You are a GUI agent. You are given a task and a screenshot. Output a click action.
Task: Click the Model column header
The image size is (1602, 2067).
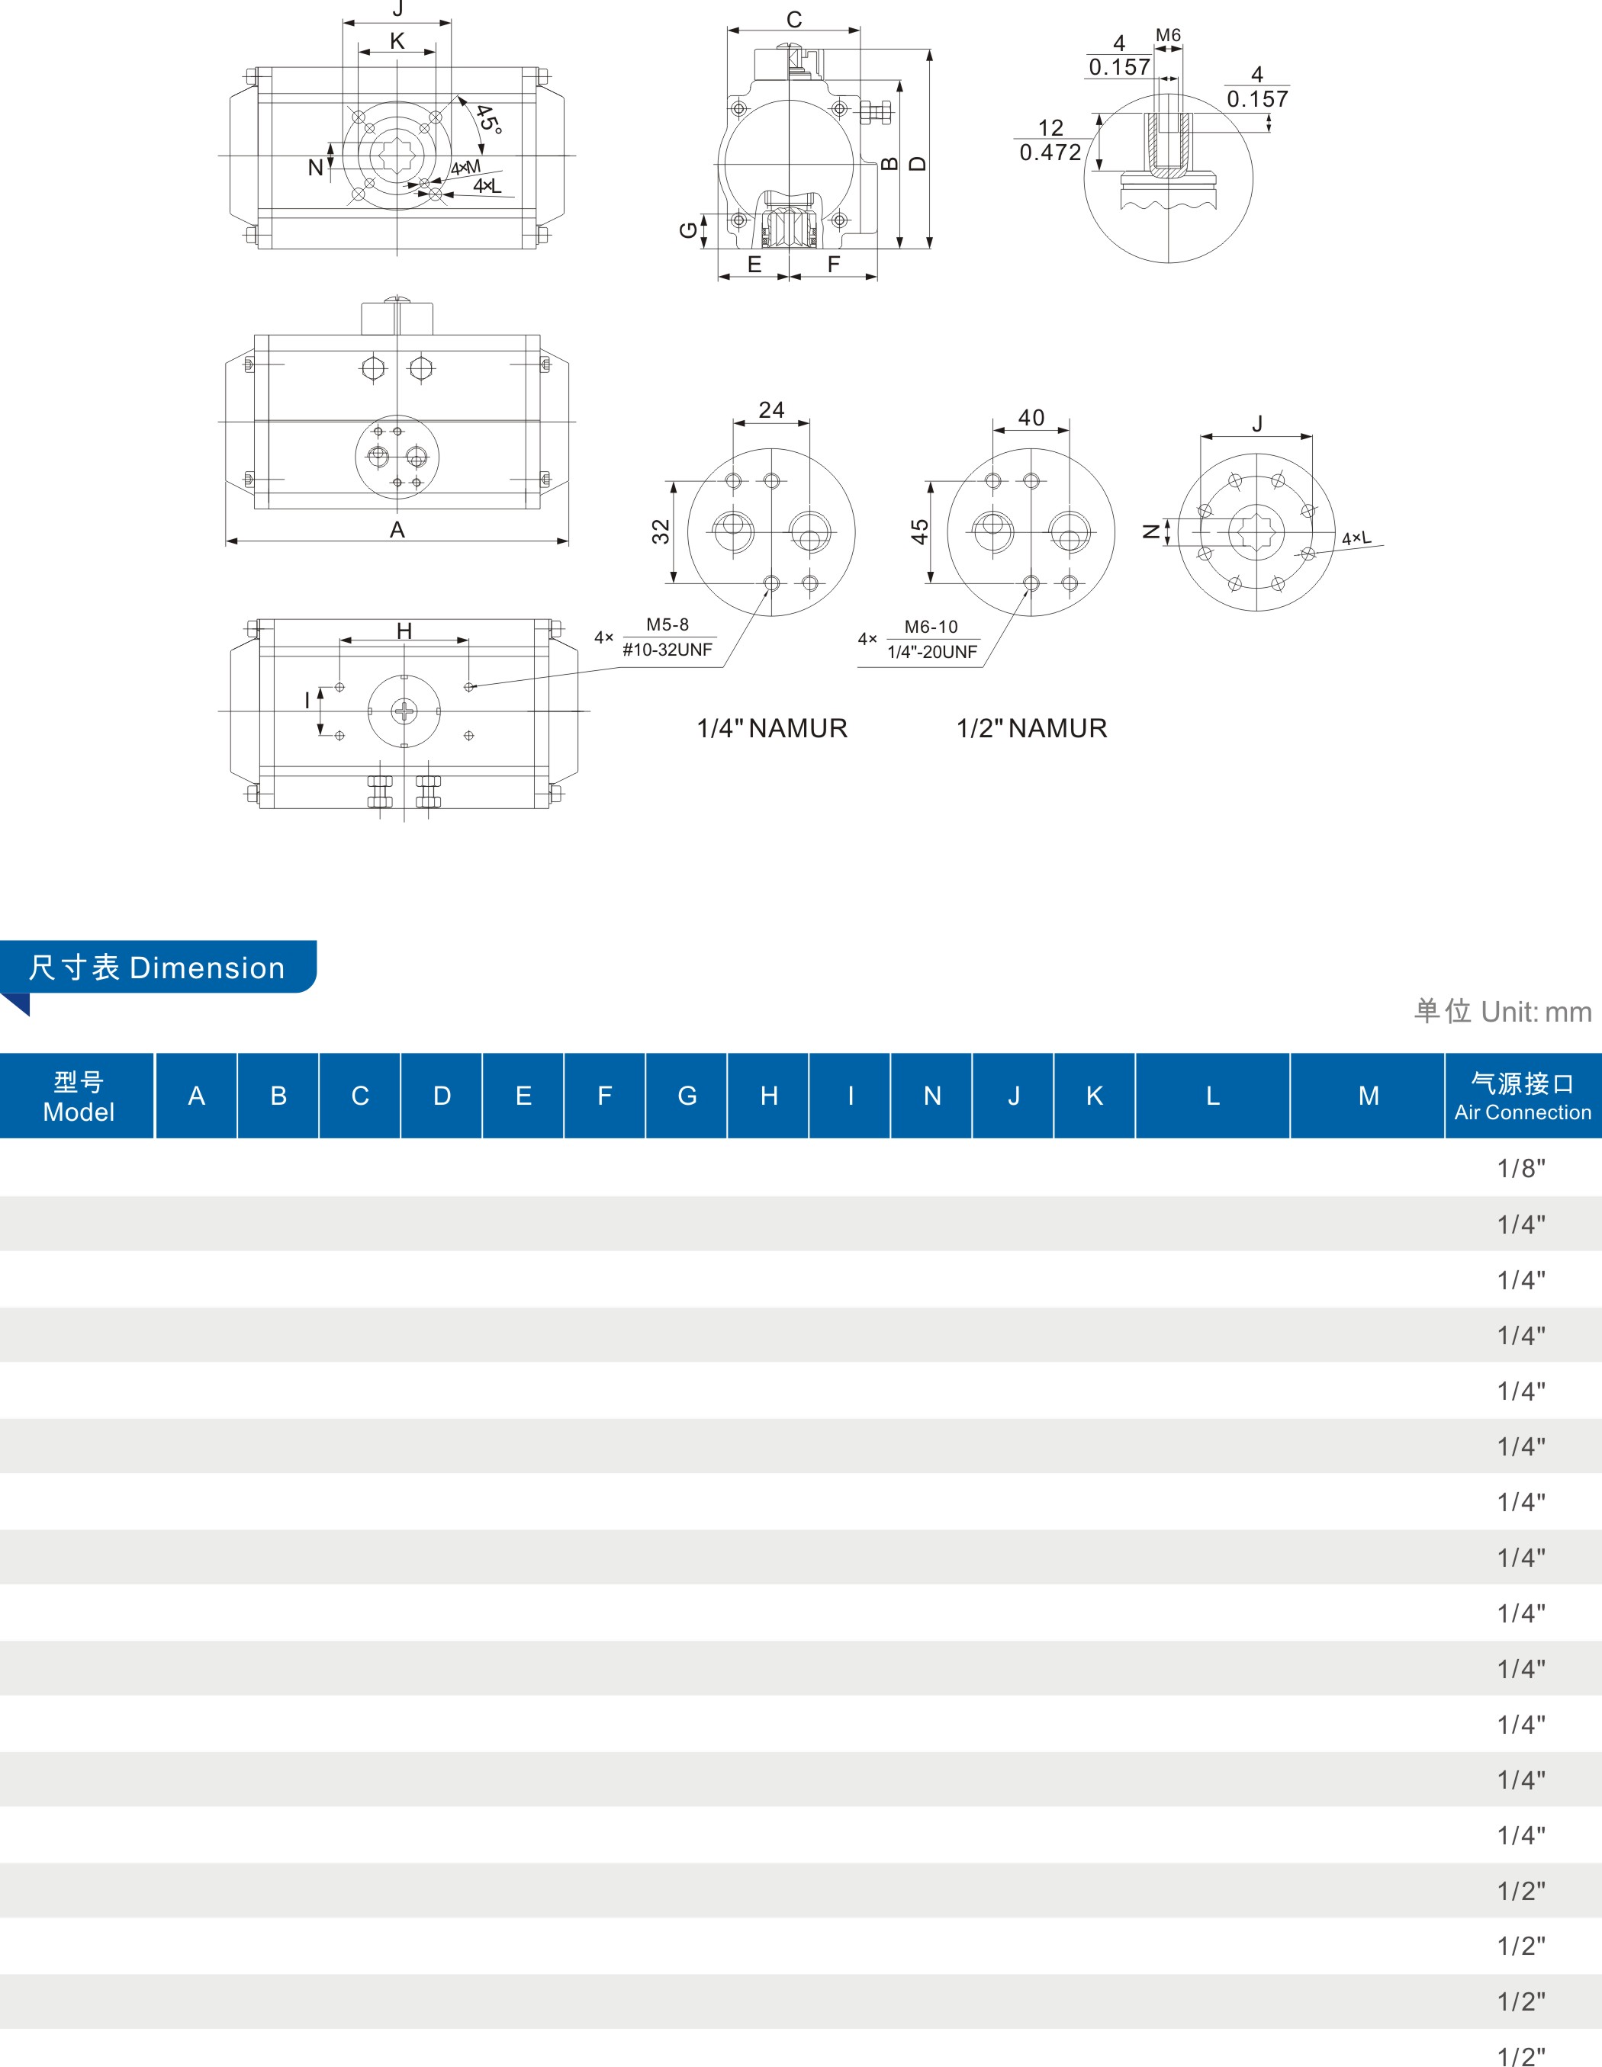coord(79,1096)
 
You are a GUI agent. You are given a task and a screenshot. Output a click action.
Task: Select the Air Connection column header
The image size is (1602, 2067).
coord(1523,1096)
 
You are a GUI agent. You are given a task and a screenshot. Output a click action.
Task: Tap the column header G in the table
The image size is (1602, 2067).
coord(687,1096)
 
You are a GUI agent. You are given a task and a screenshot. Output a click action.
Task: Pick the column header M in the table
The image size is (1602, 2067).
coord(1368,1096)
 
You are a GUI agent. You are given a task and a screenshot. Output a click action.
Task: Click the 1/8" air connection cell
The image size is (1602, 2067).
coord(1520,1169)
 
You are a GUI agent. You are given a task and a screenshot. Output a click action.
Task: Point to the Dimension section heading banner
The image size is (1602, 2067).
coord(157,968)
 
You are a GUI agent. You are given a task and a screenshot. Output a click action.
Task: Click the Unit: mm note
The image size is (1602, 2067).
coord(1503,1012)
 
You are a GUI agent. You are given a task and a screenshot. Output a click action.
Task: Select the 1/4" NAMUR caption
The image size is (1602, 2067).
coord(772,728)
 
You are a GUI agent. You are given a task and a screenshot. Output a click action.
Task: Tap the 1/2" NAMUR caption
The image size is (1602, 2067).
coord(1031,728)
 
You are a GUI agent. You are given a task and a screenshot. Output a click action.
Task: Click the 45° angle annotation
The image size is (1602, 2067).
coord(487,119)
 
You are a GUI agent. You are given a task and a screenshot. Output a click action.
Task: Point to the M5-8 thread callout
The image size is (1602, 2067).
coord(667,624)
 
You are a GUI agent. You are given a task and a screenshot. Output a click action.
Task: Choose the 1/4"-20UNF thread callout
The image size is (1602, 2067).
coord(931,652)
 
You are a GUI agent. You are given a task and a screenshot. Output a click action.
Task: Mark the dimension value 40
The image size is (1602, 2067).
coord(1031,417)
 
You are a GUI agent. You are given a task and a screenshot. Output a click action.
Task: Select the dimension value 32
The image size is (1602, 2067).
coord(660,532)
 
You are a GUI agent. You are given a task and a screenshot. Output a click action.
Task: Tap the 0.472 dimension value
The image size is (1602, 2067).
coord(1050,152)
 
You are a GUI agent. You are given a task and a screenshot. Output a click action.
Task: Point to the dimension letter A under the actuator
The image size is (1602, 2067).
coord(397,530)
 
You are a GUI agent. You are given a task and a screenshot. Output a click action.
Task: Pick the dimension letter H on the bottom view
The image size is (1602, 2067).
coord(404,631)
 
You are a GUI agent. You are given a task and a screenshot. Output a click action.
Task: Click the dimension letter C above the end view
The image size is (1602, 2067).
coord(794,19)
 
